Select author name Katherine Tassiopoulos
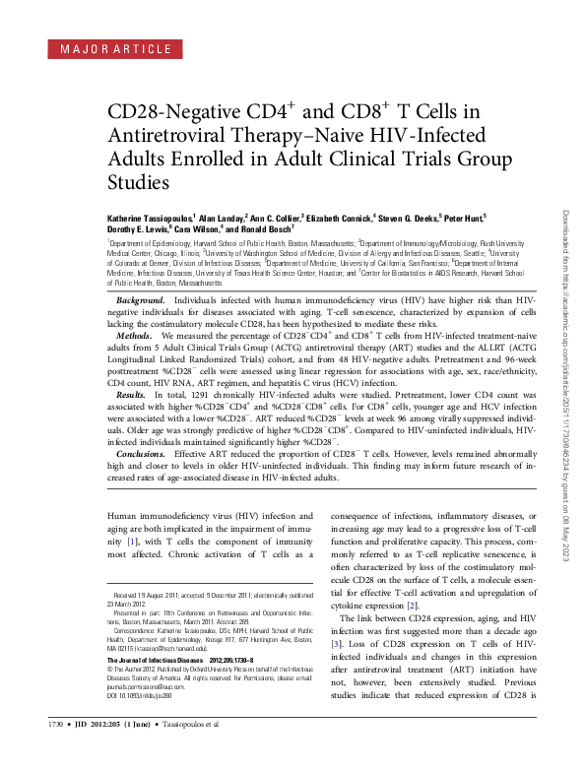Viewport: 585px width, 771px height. (x=150, y=214)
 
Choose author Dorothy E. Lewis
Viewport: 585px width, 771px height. (x=138, y=226)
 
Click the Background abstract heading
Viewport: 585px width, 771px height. (x=140, y=297)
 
